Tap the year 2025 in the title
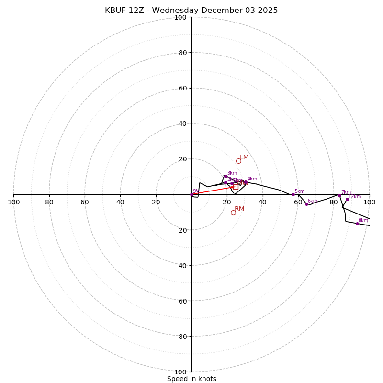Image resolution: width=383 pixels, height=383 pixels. (x=268, y=11)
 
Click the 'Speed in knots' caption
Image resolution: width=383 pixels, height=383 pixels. (x=191, y=379)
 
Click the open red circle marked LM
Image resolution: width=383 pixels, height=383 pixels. (x=238, y=161)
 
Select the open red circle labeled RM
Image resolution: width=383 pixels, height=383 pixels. (x=233, y=213)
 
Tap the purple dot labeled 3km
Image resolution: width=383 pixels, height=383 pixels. (x=225, y=176)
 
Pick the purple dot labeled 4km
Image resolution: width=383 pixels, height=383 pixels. (x=246, y=182)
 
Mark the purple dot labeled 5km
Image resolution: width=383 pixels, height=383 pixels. (x=293, y=194)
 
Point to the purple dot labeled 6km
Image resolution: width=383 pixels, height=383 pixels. (x=306, y=204)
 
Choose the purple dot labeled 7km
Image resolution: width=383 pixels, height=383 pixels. (x=339, y=195)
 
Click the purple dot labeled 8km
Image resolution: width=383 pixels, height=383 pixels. (x=357, y=224)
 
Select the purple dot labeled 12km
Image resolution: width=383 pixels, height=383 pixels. (x=347, y=199)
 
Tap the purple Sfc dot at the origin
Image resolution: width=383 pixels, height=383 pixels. (x=191, y=194)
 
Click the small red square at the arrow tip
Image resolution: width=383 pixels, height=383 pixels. (x=236, y=187)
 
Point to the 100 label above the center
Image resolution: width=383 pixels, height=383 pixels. (x=180, y=17)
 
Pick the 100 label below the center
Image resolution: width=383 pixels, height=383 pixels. (x=180, y=372)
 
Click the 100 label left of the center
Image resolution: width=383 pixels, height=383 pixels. (x=13, y=202)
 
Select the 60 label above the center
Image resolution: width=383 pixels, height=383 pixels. (x=182, y=88)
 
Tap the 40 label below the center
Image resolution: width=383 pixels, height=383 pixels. (x=182, y=265)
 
